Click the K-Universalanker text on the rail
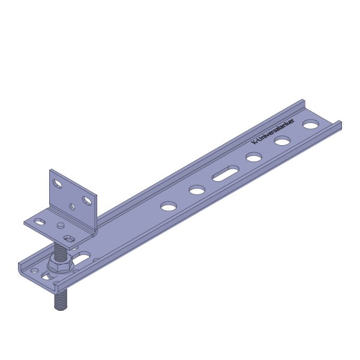pyautogui.click(x=273, y=131)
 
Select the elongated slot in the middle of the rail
pyautogui.click(x=225, y=173)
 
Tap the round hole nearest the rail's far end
pyautogui.click(x=311, y=124)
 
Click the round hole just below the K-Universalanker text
pyautogui.click(x=283, y=140)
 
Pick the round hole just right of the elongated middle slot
pyautogui.click(x=254, y=157)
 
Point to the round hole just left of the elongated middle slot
pyautogui.click(x=197, y=190)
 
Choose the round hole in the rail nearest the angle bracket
pyautogui.click(x=169, y=206)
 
